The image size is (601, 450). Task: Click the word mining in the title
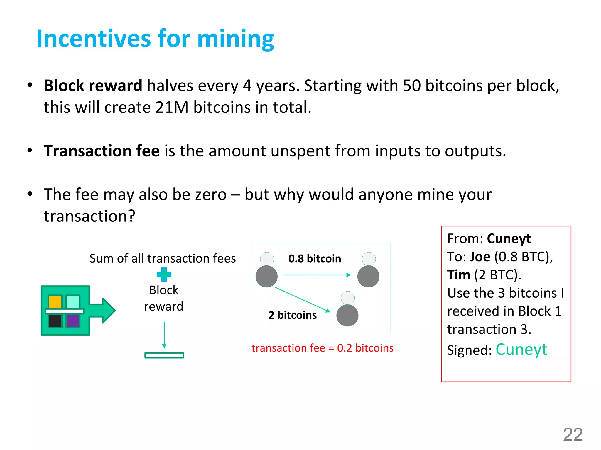click(235, 39)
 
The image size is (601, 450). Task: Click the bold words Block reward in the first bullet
click(93, 86)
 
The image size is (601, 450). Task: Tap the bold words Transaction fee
click(102, 151)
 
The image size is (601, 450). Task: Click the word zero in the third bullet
click(209, 195)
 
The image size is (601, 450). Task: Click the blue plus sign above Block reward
click(164, 275)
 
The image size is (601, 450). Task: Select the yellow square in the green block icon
click(55, 302)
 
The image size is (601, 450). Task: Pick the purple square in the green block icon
click(73, 321)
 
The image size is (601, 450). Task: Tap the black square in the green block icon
click(55, 321)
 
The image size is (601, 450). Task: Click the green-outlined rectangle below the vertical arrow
click(164, 355)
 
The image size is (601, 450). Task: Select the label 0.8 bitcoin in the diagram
click(315, 259)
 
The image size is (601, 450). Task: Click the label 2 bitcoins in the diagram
click(293, 315)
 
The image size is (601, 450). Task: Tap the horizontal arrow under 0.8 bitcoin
click(316, 275)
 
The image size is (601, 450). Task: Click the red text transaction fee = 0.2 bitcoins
click(322, 348)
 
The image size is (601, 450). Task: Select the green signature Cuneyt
click(521, 350)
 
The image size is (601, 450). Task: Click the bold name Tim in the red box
click(458, 275)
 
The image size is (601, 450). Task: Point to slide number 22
click(573, 435)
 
